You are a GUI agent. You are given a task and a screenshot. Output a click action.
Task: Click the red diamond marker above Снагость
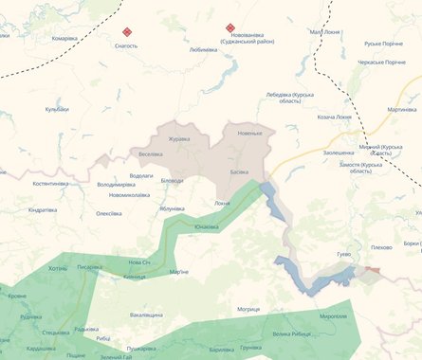click(x=127, y=31)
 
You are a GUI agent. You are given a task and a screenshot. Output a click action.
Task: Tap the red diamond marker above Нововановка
click(x=229, y=27)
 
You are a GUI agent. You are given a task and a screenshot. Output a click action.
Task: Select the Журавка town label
click(x=179, y=139)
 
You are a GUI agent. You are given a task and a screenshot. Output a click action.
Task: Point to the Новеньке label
click(x=249, y=133)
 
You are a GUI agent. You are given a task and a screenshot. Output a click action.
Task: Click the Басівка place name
click(x=239, y=171)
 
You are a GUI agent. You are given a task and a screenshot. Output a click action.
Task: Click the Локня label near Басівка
click(x=222, y=203)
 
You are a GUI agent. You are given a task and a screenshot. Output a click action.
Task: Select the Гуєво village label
click(x=343, y=254)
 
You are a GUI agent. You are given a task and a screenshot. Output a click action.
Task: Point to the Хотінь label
click(x=58, y=268)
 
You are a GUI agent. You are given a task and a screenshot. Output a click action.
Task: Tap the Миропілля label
click(x=333, y=315)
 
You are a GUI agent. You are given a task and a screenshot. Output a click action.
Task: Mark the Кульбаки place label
click(x=58, y=109)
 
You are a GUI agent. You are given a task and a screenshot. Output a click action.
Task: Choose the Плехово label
click(x=381, y=247)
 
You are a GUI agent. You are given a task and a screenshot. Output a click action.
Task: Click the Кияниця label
click(x=134, y=277)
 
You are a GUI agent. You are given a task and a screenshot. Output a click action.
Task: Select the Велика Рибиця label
click(x=290, y=333)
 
